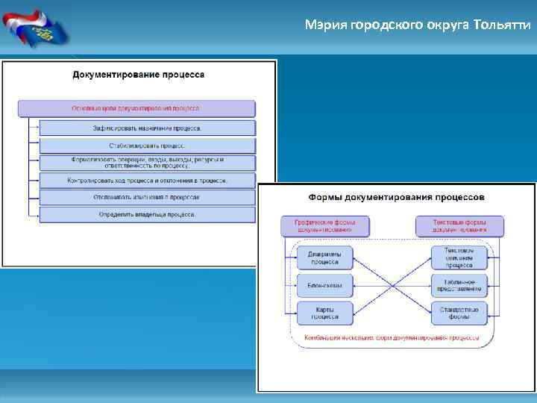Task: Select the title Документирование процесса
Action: [138, 75]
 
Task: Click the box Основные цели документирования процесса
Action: [136, 108]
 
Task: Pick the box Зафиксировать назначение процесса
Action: [147, 128]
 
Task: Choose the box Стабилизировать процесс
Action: [147, 146]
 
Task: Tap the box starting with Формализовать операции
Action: [147, 163]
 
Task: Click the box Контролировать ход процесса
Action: [147, 181]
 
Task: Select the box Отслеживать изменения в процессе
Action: [147, 197]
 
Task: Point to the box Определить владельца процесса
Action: [147, 215]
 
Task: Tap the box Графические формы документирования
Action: [325, 226]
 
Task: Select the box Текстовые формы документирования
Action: [459, 226]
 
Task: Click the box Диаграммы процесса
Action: [324, 258]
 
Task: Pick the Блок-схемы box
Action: [324, 285]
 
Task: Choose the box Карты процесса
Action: [324, 313]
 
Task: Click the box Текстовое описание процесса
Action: [459, 258]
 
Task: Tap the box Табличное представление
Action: [459, 285]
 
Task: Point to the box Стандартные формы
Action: [459, 313]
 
